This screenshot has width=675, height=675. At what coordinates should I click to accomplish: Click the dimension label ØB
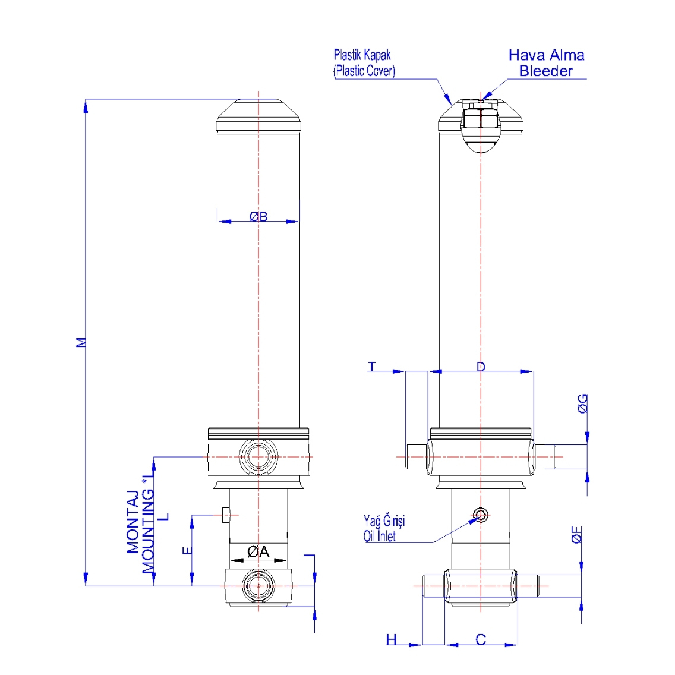(258, 216)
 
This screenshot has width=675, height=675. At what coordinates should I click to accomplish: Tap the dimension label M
(81, 342)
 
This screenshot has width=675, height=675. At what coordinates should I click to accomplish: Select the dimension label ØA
(258, 552)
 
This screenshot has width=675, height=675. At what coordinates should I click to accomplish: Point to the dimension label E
(187, 551)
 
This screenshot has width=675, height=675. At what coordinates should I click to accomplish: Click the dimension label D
(481, 367)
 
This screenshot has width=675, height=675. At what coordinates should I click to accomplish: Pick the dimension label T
(372, 367)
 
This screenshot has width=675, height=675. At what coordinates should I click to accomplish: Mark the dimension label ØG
(583, 403)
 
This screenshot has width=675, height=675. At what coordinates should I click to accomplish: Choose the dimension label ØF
(577, 535)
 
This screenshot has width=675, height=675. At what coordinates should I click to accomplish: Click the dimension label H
(392, 639)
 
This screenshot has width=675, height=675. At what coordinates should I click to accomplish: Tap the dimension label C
(481, 639)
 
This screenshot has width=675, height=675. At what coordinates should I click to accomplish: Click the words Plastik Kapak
(362, 55)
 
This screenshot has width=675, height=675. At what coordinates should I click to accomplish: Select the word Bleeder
(545, 71)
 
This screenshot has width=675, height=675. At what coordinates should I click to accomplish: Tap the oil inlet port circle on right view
(481, 515)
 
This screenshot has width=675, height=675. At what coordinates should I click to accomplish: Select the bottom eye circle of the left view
(258, 586)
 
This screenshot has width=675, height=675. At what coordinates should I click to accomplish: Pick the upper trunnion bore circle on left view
(258, 457)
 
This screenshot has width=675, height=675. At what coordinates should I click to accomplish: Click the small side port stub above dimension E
(225, 515)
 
